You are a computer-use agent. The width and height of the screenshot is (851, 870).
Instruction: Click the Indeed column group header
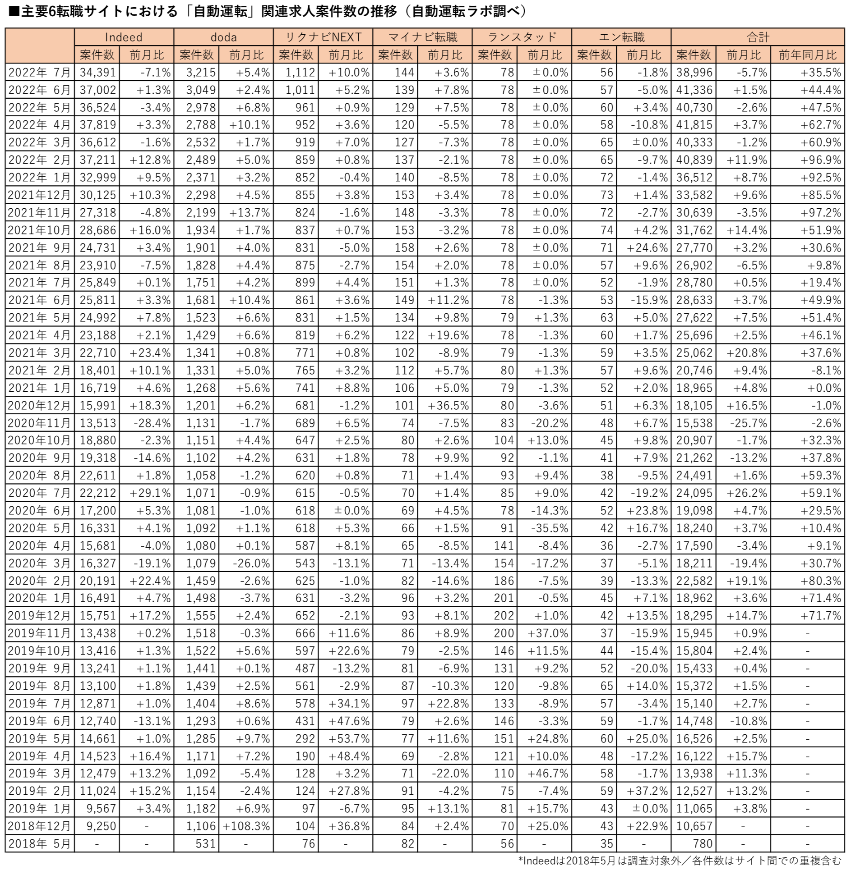coord(124,37)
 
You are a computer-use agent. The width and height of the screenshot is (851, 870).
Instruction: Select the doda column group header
coord(223,37)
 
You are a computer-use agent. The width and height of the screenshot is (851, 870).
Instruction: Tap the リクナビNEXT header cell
coord(323,37)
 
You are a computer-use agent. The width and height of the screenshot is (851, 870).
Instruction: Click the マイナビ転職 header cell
coord(422,37)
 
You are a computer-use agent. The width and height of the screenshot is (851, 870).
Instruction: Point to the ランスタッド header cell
coord(522,37)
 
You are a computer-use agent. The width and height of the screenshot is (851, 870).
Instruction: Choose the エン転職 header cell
coord(621,37)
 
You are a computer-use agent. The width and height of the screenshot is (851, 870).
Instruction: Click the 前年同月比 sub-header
coord(807,55)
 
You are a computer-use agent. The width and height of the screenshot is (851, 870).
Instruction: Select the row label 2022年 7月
coord(40,72)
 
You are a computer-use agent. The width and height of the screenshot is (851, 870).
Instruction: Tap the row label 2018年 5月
coord(40,843)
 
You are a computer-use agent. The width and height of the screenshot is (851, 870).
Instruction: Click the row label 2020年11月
coord(40,423)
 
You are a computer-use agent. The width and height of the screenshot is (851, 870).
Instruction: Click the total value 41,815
coord(694,125)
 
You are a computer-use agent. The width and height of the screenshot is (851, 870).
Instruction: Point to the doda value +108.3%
coord(246,826)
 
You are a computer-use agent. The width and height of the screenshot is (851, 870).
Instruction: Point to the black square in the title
coord(14,11)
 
